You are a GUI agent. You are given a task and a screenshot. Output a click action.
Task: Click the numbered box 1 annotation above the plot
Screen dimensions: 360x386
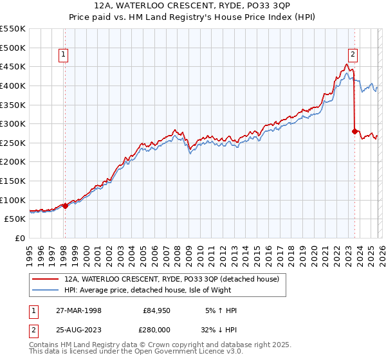pyautogui.click(x=64, y=55)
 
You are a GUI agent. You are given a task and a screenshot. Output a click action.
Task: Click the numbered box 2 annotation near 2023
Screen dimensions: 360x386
pyautogui.click(x=353, y=55)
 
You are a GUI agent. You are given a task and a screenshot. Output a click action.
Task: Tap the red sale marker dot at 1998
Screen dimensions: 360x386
pyautogui.click(x=65, y=206)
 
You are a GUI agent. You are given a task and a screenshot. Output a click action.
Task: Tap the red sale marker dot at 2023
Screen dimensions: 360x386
pyautogui.click(x=354, y=131)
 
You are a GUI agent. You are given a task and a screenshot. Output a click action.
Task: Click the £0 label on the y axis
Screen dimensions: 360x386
pyautogui.click(x=19, y=238)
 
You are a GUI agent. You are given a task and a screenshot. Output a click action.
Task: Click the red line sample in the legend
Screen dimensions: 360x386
pyautogui.click(x=46, y=280)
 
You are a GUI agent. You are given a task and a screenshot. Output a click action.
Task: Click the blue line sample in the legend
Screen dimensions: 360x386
pyautogui.click(x=46, y=291)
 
